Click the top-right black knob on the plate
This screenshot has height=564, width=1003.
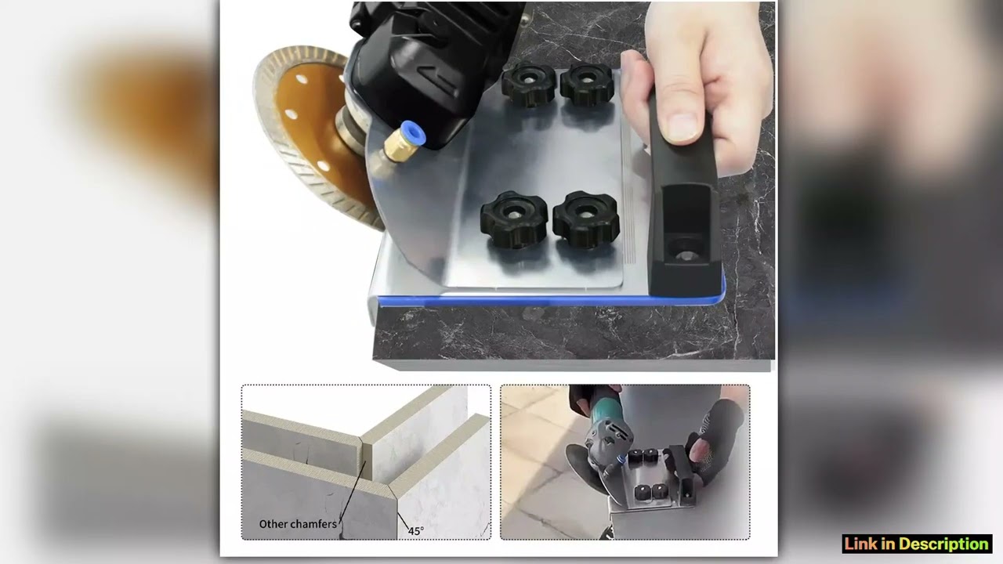[586, 85]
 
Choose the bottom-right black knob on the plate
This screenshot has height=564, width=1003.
[585, 220]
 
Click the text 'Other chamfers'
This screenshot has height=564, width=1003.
[298, 524]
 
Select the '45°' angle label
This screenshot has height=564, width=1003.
[415, 530]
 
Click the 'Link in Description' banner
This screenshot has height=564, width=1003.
[917, 544]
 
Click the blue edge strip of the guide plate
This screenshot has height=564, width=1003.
[549, 300]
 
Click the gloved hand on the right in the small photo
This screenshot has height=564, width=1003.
[717, 439]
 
